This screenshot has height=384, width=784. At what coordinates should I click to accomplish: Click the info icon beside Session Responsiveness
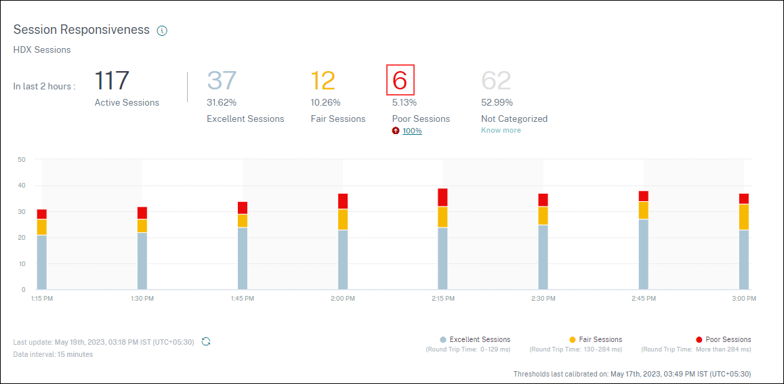coord(162,30)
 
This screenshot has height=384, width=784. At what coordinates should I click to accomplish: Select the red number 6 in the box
coord(400,81)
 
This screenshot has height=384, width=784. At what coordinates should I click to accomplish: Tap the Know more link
coord(501,130)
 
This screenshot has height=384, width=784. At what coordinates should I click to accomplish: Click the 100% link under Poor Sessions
coord(412,131)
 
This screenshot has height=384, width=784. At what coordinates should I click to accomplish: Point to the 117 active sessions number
coord(112,81)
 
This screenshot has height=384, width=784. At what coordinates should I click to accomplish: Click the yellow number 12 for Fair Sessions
coord(323,81)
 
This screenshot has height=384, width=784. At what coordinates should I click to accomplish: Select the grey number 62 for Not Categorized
coord(496,81)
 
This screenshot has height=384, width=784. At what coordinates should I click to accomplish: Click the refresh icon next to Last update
coord(206,341)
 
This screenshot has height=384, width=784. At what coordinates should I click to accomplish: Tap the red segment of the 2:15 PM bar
coord(442,197)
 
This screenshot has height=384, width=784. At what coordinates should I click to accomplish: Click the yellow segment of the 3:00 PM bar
coord(744,217)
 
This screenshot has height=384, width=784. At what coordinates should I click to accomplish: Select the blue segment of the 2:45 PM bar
coord(644,254)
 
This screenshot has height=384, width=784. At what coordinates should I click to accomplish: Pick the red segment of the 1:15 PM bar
coord(42,214)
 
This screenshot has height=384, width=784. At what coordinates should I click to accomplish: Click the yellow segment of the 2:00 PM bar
coord(343,219)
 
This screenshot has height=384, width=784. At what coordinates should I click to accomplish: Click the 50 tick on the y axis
coord(21,160)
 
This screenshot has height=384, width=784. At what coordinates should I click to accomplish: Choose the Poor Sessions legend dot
coord(699,339)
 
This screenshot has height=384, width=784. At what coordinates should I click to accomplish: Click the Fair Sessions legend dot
coord(573,339)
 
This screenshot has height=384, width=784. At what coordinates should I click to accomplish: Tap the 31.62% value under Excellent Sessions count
coord(222,103)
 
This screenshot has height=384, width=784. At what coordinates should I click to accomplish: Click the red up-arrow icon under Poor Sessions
coord(396,131)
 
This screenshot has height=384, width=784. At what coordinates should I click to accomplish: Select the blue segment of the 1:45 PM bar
coord(243,258)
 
